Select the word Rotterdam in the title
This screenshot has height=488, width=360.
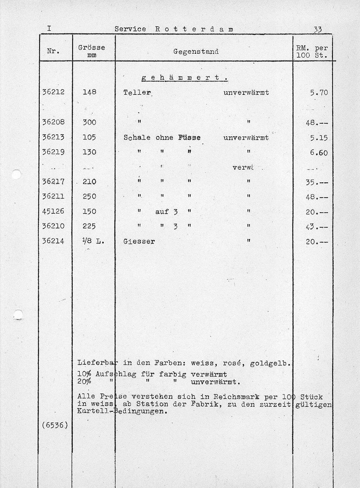point(194,29)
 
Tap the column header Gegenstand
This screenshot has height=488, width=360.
point(196,52)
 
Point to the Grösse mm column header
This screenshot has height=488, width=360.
point(91,51)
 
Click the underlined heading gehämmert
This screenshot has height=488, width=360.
point(185,78)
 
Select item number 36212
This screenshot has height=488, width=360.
point(53,92)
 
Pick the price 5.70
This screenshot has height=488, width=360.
point(319,93)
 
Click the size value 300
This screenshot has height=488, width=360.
point(89,122)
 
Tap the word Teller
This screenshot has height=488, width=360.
point(137,92)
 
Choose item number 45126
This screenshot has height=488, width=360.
point(53,211)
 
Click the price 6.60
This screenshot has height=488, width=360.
point(319,153)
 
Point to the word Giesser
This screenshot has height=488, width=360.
point(139,241)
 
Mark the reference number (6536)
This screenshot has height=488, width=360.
point(54,425)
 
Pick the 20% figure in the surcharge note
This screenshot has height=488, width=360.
point(84,382)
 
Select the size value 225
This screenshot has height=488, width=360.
point(89,226)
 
